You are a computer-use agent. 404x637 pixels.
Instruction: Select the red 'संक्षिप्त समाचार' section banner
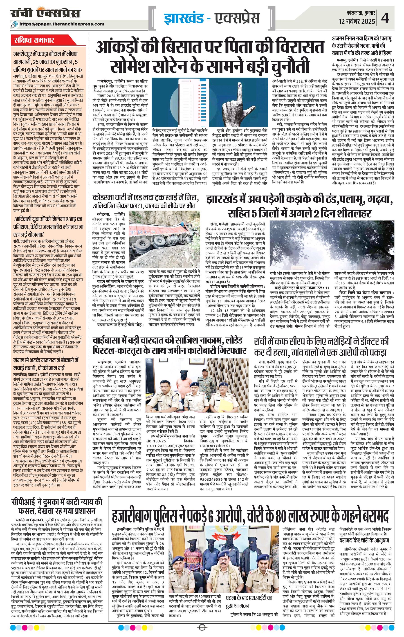pyautogui.click(x=34, y=40)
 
